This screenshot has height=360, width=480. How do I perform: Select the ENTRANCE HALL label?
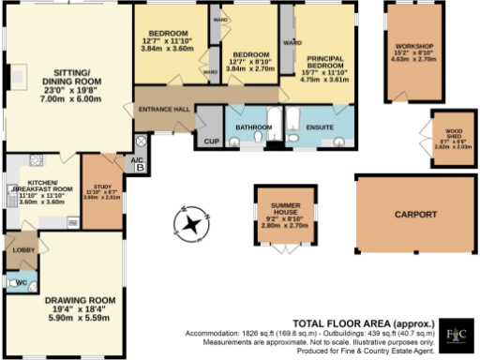click(164, 110)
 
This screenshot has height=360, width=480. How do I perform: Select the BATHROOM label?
click(253, 127)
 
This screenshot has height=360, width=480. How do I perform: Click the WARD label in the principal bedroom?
click(291, 43)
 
